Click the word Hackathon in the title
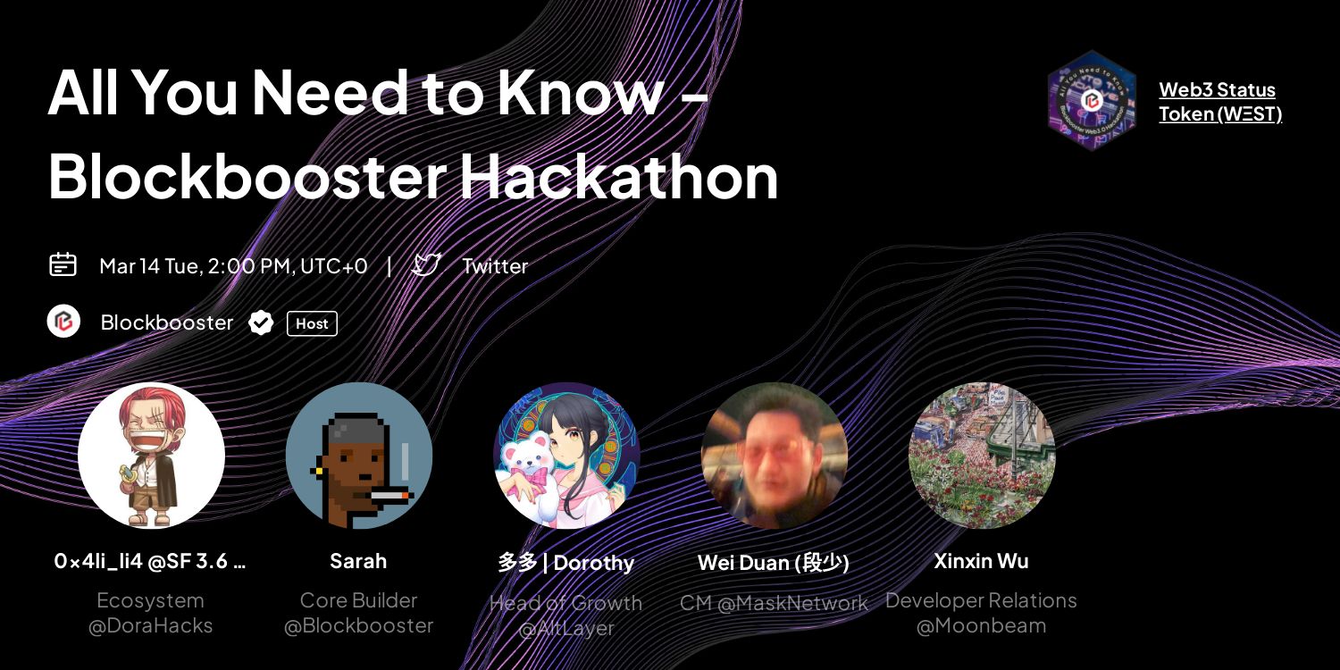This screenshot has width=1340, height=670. [618, 176]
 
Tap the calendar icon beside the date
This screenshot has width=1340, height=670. [63, 264]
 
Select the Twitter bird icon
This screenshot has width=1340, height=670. [426, 264]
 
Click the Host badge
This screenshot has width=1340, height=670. [312, 323]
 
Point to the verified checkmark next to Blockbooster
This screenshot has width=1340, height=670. [261, 322]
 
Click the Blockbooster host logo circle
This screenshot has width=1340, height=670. [63, 322]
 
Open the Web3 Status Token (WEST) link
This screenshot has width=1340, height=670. [1219, 102]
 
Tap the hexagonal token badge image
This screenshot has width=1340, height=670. [1091, 100]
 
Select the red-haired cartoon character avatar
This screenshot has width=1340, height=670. [151, 456]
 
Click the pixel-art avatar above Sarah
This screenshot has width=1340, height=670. [358, 456]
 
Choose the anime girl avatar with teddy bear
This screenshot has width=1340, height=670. [566, 456]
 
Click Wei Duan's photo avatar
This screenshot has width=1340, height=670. [774, 456]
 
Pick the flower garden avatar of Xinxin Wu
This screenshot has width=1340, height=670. [981, 456]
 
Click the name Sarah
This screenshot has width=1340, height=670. [358, 561]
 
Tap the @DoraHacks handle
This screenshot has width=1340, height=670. [151, 626]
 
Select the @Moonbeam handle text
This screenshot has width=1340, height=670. [981, 626]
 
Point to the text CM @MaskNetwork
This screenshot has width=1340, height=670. [774, 604]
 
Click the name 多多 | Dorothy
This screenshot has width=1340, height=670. [566, 563]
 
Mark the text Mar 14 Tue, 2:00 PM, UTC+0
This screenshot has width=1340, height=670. [233, 266]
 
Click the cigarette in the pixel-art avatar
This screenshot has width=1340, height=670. [389, 494]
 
